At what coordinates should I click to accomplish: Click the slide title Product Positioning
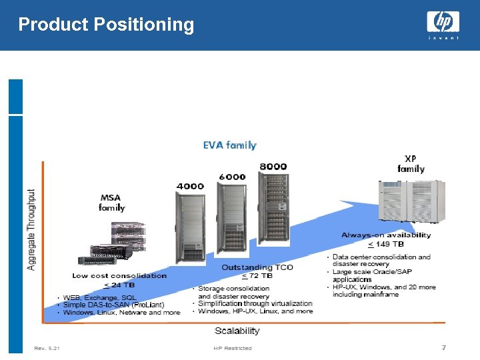coord(106,25)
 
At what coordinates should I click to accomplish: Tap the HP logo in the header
coord(443,23)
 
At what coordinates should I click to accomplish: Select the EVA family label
coord(229,145)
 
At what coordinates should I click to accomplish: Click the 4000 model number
coord(190,186)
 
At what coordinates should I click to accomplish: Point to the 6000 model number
coord(232,177)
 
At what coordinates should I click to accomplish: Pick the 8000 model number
coord(273,166)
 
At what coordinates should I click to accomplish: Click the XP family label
coord(411,164)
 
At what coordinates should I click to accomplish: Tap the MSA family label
coord(111,203)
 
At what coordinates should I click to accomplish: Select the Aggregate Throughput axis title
coord(31,229)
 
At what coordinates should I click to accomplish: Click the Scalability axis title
coord(237,331)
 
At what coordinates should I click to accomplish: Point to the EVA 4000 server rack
coord(191,227)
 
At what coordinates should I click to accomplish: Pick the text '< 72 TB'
coord(257,276)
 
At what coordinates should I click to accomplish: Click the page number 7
coord(443,347)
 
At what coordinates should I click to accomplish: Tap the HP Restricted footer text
coord(233,348)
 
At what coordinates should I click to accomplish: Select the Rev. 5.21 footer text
coord(47,348)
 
